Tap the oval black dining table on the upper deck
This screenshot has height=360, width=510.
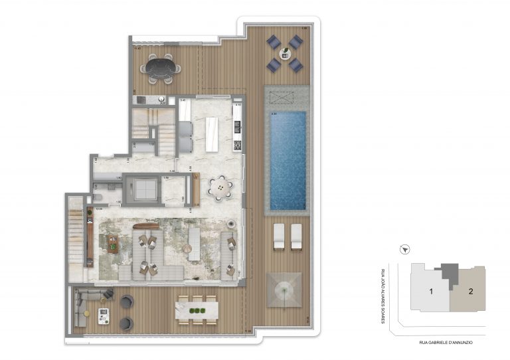point(163,68)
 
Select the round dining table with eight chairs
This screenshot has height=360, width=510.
point(220,188)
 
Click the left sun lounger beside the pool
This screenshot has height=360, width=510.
point(279,236)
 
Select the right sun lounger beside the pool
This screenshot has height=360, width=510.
point(296,236)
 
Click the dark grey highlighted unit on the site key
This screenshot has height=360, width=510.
point(450,273)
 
